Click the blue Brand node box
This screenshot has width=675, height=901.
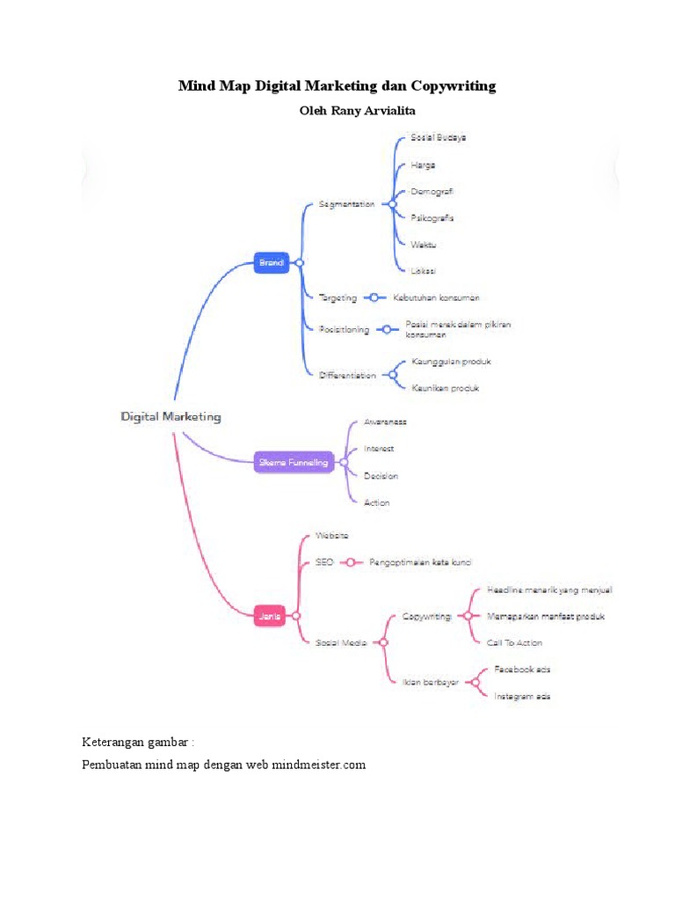[272, 262]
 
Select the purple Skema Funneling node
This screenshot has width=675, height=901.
[294, 462]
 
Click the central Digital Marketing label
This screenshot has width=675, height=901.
[171, 416]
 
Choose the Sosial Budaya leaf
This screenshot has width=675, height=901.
[438, 138]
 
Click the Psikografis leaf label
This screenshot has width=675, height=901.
[432, 217]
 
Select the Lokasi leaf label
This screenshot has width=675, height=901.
[423, 270]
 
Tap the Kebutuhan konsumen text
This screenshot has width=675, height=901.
[436, 298]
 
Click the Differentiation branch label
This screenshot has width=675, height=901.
[346, 375]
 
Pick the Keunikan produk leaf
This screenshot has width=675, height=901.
[445, 388]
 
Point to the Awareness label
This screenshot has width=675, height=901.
[385, 422]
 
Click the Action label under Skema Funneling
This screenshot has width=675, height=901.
[376, 502]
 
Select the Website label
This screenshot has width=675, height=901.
[331, 535]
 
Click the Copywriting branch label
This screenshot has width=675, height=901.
[426, 617]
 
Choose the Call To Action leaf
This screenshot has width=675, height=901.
[514, 643]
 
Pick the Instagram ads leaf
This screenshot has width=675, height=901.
[522, 696]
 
